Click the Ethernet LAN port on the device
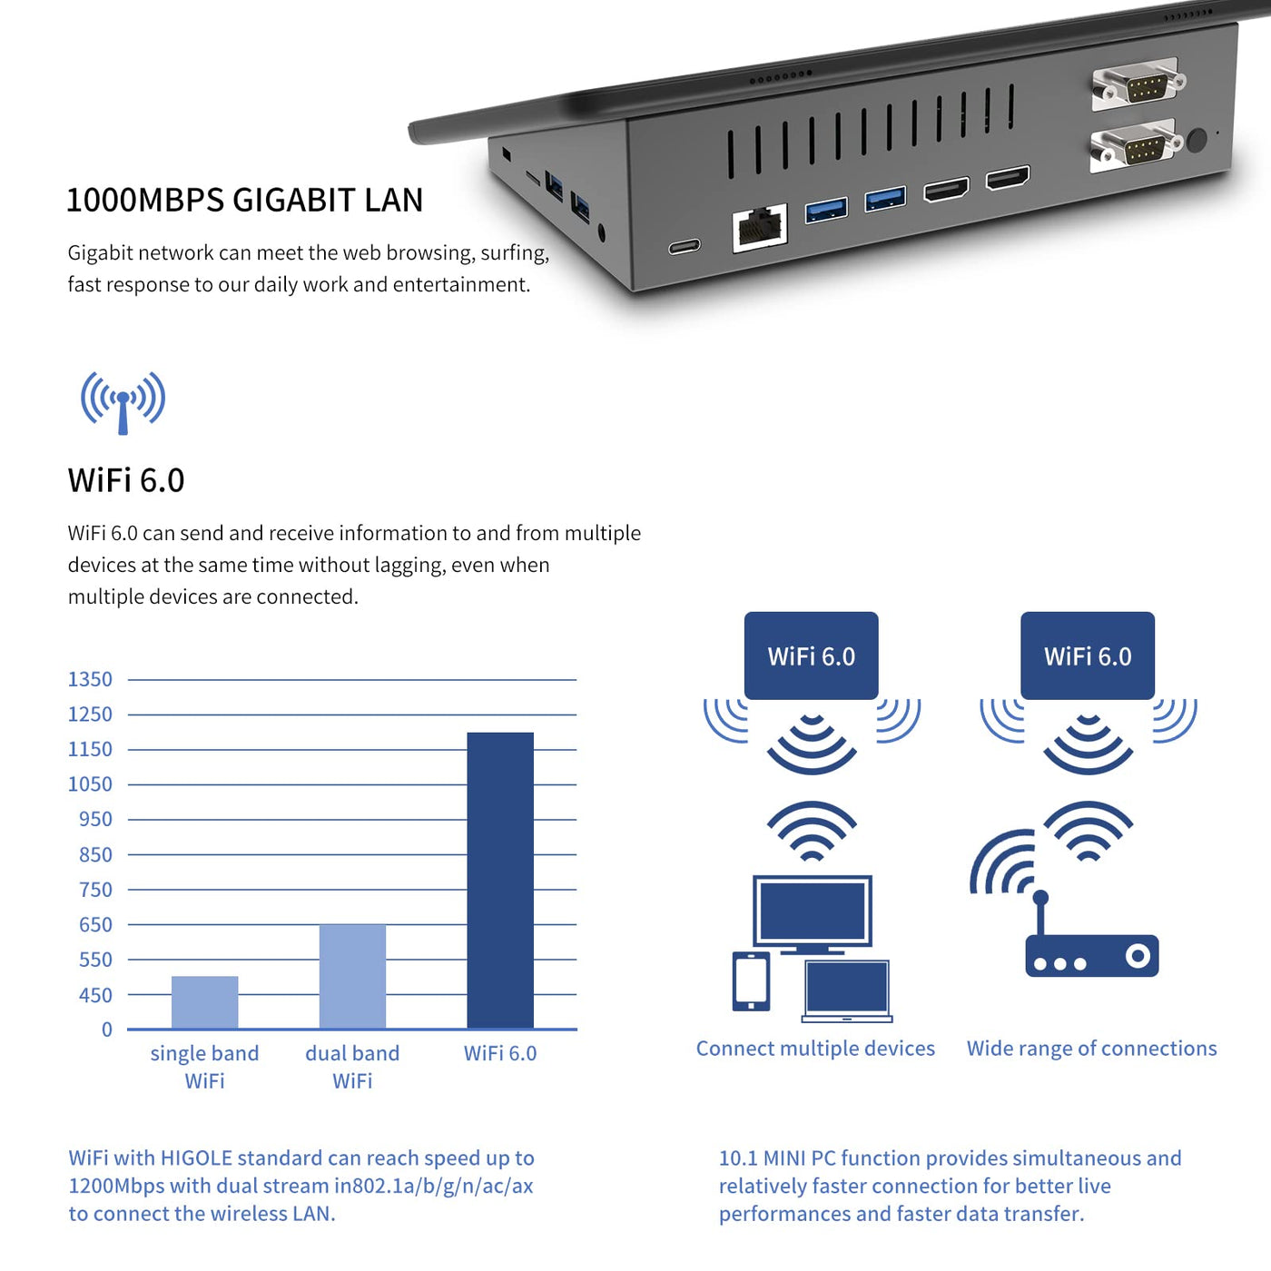coord(760,229)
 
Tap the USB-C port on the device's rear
coord(685,246)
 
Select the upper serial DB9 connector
coord(1140,85)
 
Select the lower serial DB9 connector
coord(1138,147)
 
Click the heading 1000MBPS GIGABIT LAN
coord(244,200)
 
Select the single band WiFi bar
coord(204,1002)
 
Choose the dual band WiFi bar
coord(352,976)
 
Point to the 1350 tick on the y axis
coord(90,679)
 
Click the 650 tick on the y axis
coord(95,924)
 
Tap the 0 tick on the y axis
coord(106,1030)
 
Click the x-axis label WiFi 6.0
coord(500,1053)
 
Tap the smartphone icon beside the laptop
coord(751,981)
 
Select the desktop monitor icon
coord(813,912)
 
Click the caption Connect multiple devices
coord(815,1049)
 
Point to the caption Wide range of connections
coord(1091,1049)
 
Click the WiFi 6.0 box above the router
coord(1088,655)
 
